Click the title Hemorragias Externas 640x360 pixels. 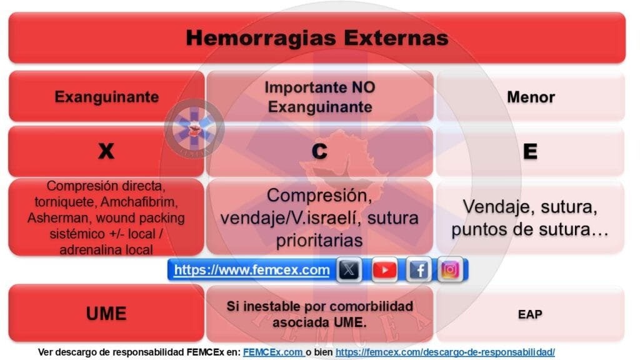[x=317, y=37]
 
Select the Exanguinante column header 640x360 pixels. [x=106, y=97]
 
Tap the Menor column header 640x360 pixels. [x=531, y=97]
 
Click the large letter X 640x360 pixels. [x=106, y=151]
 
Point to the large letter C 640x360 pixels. [x=319, y=151]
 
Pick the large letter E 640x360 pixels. [x=531, y=151]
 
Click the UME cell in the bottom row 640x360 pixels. [x=106, y=313]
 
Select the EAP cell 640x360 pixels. [x=531, y=314]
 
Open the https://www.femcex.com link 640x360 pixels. [x=251, y=270]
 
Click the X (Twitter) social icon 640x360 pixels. [x=349, y=270]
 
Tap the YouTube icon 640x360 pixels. [x=384, y=270]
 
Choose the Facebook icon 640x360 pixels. [x=418, y=270]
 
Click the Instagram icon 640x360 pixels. [x=451, y=270]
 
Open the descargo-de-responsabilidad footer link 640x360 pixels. [x=444, y=352]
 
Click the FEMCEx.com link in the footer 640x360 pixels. [x=272, y=352]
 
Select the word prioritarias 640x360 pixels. [x=319, y=240]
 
